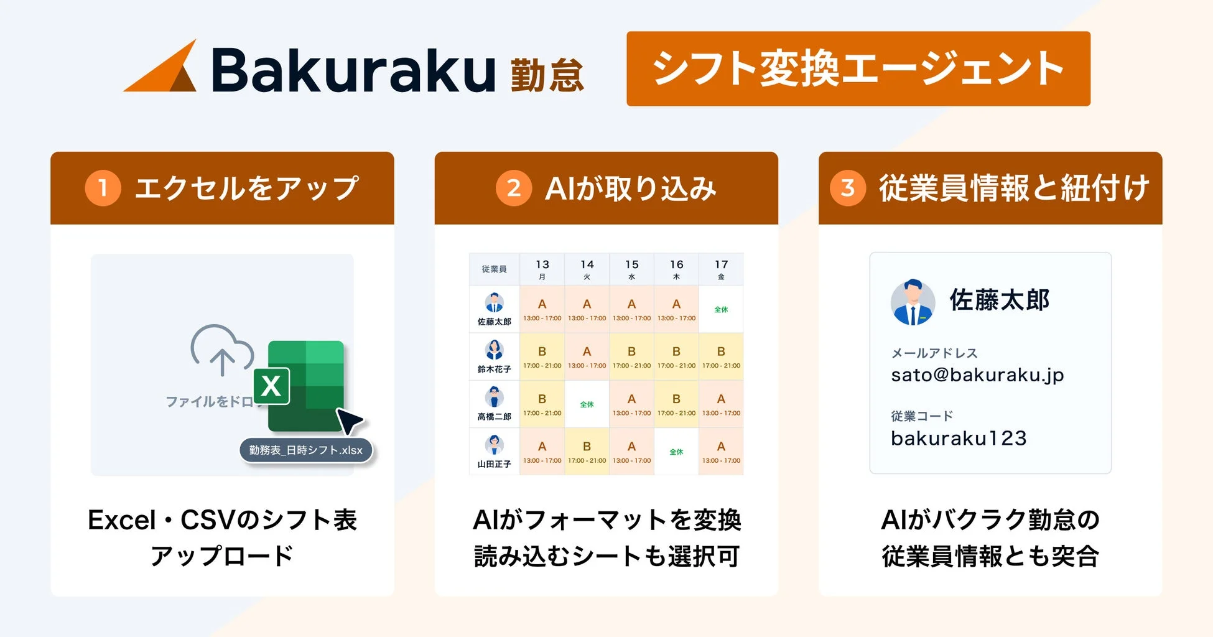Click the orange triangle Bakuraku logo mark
point(165,70)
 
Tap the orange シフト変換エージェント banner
point(858,68)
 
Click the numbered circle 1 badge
point(103,188)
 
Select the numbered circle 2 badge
point(513,188)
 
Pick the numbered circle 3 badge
point(847,188)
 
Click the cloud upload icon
point(221,350)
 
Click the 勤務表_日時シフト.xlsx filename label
point(305,450)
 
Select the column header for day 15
point(631,269)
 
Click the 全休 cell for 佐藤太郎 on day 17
point(721,309)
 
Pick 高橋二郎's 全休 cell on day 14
point(587,404)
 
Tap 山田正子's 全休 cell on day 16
point(676,452)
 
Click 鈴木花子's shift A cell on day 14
point(587,356)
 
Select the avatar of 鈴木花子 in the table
point(495,350)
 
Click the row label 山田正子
point(495,464)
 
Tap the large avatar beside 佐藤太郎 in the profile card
point(913,302)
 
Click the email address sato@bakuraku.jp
point(977,375)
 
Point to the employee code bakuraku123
point(959,439)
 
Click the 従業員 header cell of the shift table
point(495,269)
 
